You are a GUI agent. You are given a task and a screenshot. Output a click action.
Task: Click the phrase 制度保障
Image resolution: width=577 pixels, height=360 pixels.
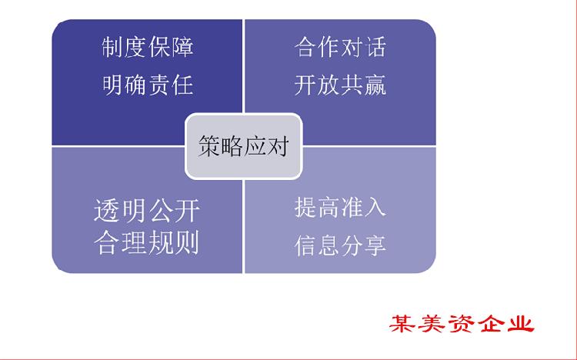(x=148, y=47)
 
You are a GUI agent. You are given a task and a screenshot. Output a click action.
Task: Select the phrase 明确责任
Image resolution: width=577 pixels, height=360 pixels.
(x=148, y=85)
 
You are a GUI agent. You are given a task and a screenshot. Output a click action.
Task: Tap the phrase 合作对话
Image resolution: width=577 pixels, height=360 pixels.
(x=340, y=47)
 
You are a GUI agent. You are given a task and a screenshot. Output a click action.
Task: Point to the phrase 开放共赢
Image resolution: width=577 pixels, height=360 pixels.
(x=340, y=85)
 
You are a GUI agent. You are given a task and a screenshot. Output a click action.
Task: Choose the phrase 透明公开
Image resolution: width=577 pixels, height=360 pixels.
(x=147, y=211)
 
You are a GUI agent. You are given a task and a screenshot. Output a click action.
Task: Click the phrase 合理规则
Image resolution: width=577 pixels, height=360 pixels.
(x=147, y=242)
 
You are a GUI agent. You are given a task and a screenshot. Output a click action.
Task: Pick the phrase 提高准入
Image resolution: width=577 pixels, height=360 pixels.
(x=340, y=208)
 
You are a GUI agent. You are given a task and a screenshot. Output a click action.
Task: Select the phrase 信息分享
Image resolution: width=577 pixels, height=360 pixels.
(x=340, y=245)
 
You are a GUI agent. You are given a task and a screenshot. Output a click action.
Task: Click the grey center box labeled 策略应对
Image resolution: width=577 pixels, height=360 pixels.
(x=244, y=146)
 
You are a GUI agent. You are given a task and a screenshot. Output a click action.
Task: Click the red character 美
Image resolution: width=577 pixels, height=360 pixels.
(x=432, y=324)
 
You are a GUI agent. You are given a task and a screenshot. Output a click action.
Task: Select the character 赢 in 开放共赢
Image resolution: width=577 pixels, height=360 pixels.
(x=375, y=85)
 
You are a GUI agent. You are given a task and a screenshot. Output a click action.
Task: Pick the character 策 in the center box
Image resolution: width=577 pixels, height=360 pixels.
(x=209, y=146)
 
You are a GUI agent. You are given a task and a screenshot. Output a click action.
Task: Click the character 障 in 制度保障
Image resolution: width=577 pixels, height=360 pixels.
(x=182, y=47)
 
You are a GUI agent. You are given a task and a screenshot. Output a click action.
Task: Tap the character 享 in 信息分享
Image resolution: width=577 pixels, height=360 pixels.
(x=375, y=245)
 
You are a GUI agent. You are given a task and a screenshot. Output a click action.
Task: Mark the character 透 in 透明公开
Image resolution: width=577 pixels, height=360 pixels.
(x=107, y=211)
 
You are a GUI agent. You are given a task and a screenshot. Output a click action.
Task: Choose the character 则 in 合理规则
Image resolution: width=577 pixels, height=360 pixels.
(x=187, y=242)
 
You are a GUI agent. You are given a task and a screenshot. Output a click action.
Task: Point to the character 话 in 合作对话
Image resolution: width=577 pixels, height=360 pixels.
(x=375, y=47)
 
